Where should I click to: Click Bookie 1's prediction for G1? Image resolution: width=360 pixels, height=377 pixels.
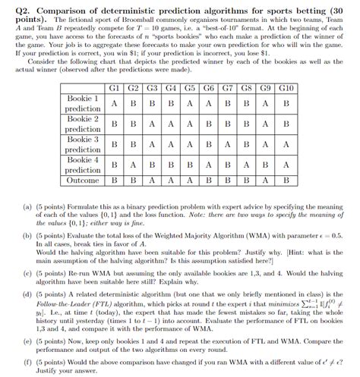(x=113, y=104)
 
